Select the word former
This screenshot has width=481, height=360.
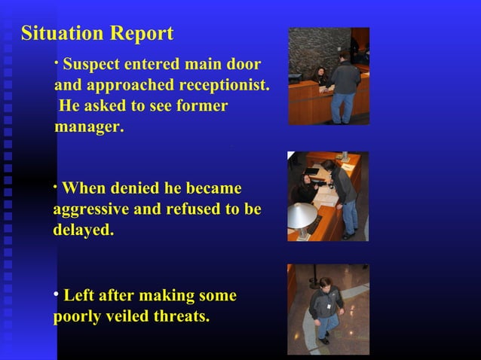point(201,105)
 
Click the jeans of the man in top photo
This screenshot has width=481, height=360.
point(342,106)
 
